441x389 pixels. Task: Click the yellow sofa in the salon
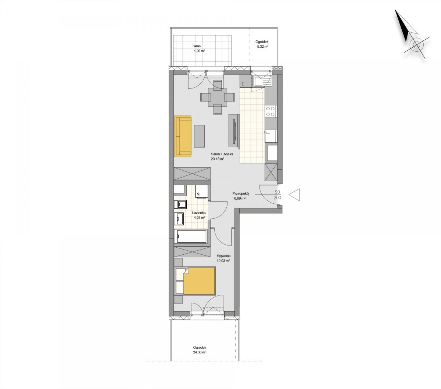[182, 136]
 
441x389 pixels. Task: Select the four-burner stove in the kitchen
[270, 111]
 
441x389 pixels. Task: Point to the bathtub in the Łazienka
[191, 237]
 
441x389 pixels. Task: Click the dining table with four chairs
[218, 97]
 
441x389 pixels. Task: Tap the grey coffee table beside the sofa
[199, 136]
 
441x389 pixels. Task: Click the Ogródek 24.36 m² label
[200, 350]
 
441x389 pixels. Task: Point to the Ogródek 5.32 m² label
[262, 44]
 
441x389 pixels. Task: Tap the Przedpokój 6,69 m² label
[240, 196]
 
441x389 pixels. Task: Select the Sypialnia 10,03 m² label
[223, 258]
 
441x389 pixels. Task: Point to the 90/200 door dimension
[277, 195]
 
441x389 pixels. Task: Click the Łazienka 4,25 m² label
[199, 215]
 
